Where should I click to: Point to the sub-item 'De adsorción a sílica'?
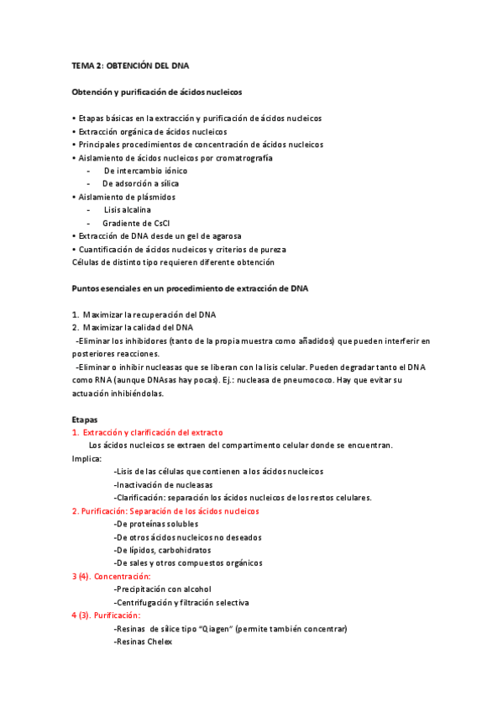tap(140, 183)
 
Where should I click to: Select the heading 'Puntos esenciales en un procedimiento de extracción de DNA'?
tap(190, 288)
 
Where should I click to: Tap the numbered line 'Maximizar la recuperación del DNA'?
tap(149, 314)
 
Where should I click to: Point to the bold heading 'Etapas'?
tap(85, 419)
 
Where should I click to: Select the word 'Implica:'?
tap(87, 458)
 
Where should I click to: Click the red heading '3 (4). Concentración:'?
tap(111, 576)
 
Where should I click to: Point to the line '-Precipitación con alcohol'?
tap(163, 589)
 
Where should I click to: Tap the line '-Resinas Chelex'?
tap(143, 642)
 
